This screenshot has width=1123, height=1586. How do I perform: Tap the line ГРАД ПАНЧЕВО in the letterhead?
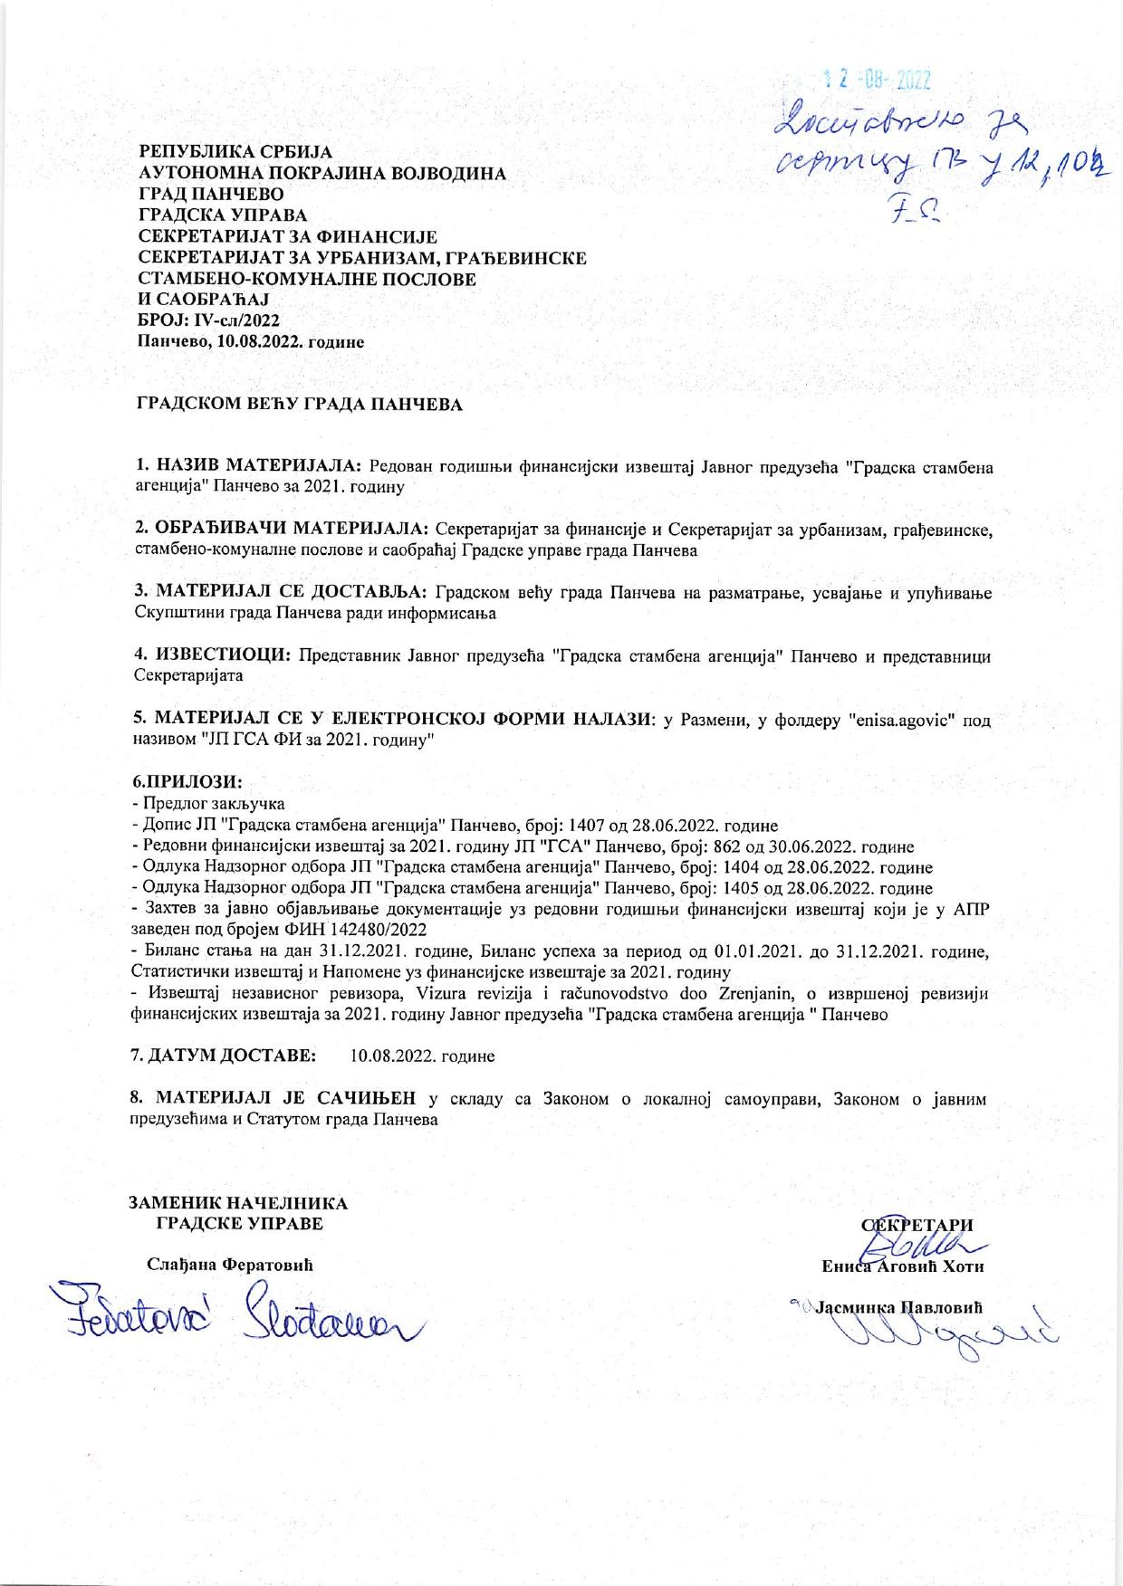click(210, 195)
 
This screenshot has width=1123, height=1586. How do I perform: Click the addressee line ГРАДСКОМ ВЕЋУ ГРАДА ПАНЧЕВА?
click(299, 405)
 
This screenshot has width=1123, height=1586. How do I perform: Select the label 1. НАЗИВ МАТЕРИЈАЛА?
click(249, 467)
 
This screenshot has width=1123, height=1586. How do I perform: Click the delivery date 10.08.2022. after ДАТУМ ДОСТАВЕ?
click(422, 1056)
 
